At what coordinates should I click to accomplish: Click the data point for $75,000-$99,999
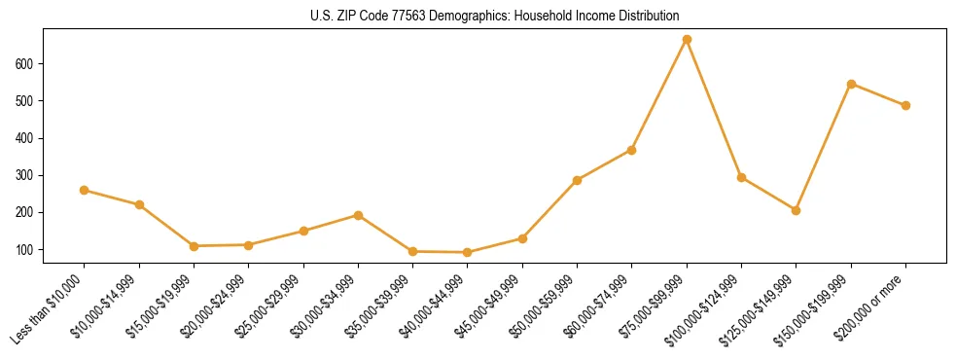(687, 39)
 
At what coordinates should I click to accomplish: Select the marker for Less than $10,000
(85, 190)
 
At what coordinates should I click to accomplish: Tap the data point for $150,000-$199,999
(851, 84)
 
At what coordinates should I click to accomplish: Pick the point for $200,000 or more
(905, 105)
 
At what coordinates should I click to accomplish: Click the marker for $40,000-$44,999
(468, 252)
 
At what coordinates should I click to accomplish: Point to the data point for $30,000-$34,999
(358, 215)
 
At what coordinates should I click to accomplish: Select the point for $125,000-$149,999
(796, 210)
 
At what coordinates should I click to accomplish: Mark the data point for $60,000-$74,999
(631, 150)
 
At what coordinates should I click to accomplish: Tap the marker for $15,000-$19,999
(194, 246)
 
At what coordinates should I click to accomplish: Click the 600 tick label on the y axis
(26, 64)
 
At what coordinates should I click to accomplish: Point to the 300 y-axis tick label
(26, 175)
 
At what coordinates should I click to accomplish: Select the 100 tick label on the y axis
(26, 250)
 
